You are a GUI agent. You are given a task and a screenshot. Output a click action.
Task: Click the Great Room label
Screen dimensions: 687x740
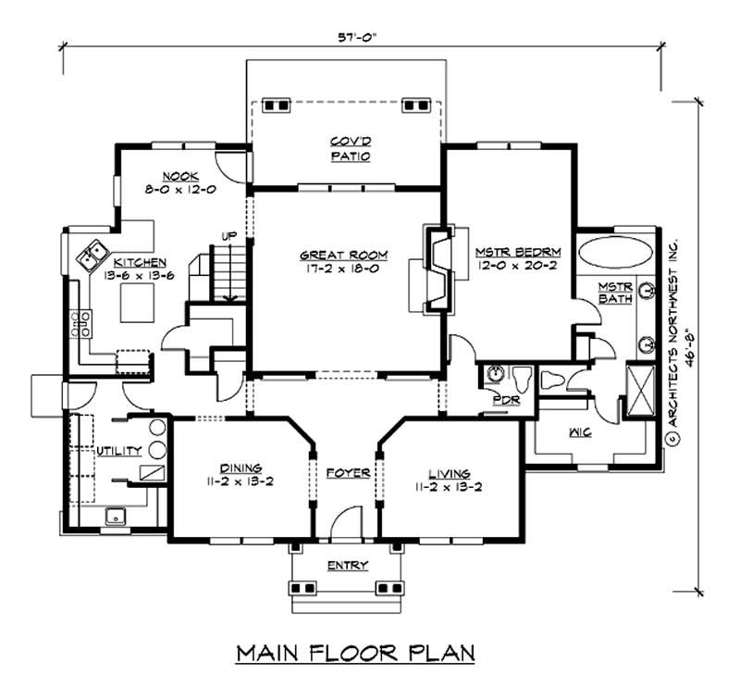pyautogui.click(x=343, y=255)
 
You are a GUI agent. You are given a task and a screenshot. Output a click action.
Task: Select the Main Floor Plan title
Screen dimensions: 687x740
pyautogui.click(x=356, y=653)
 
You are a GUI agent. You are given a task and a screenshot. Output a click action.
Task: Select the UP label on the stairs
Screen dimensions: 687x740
pyautogui.click(x=226, y=237)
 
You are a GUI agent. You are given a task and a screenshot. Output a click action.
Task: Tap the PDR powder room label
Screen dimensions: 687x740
pyautogui.click(x=504, y=401)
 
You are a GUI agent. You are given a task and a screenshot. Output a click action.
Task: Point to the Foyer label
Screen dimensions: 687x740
pyautogui.click(x=348, y=473)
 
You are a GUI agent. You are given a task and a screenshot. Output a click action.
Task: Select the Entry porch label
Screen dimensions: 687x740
pyautogui.click(x=348, y=565)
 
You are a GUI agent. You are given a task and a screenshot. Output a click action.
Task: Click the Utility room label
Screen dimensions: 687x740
pyautogui.click(x=119, y=451)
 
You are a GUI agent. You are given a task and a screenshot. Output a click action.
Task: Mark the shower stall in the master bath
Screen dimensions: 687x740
pyautogui.click(x=639, y=393)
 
